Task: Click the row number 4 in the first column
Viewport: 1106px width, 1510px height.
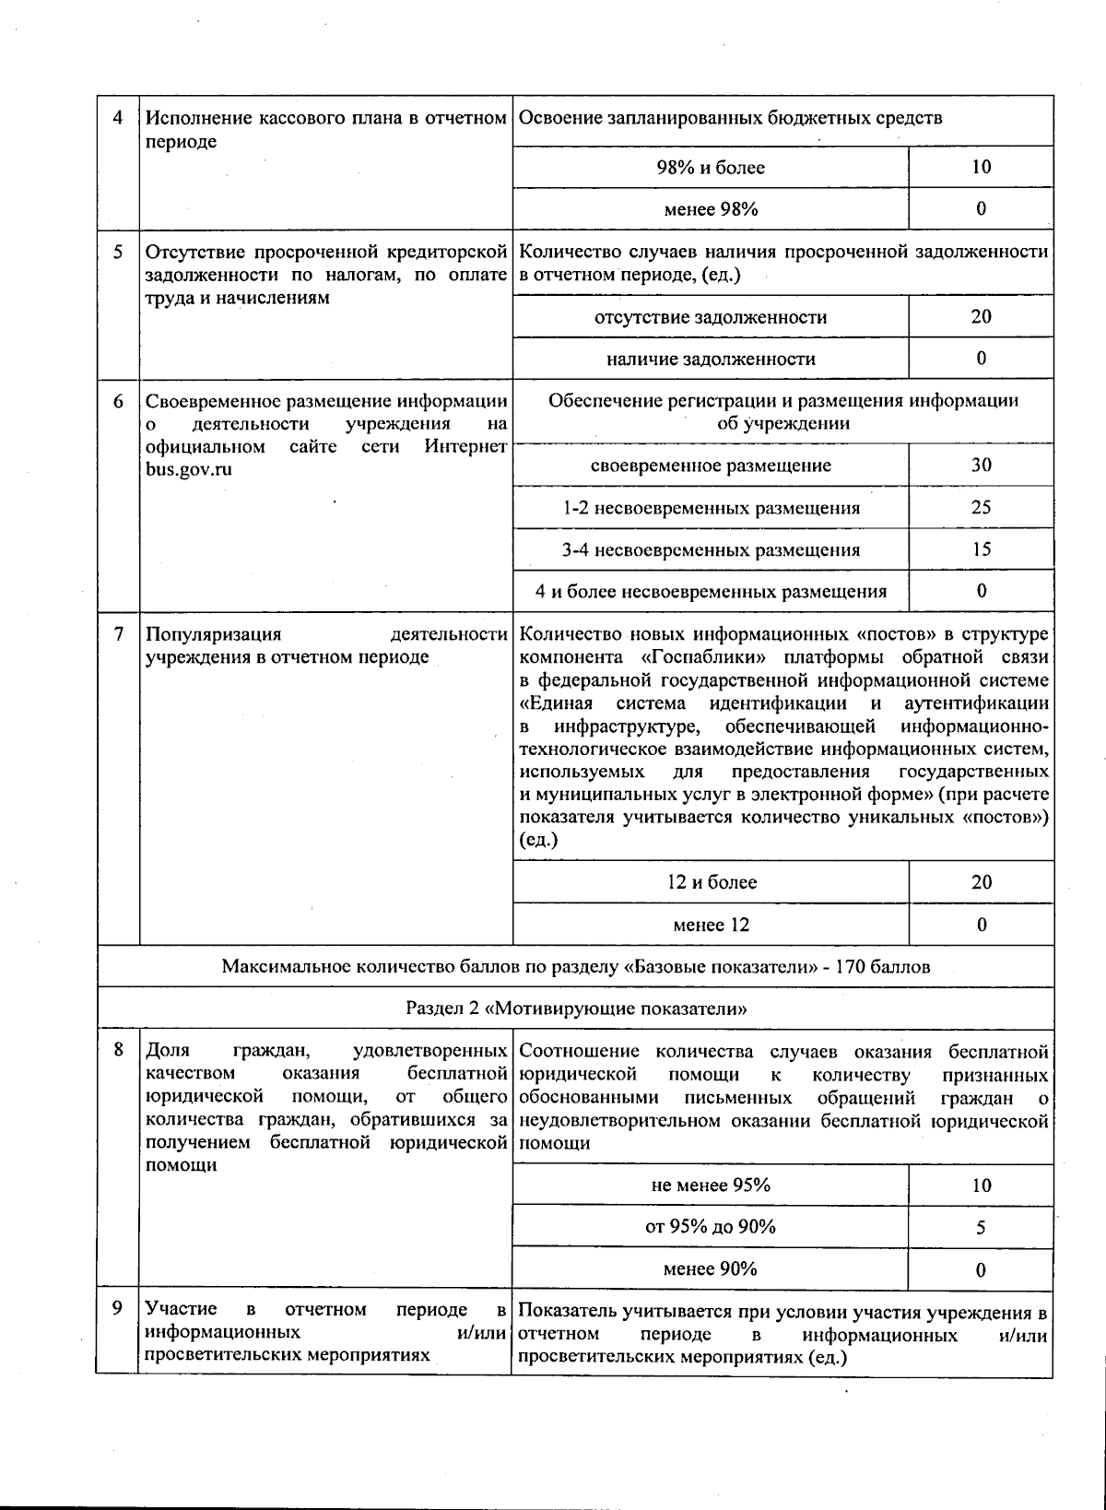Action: point(117,118)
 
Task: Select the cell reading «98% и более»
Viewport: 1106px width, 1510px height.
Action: point(711,168)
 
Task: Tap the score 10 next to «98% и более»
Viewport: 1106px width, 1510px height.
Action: point(981,167)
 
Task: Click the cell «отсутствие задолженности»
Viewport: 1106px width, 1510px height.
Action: point(711,317)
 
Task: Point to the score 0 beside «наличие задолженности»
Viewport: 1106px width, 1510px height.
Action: point(981,358)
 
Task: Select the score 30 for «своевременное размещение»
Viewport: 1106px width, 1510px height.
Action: point(981,465)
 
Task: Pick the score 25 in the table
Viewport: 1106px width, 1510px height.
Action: point(981,507)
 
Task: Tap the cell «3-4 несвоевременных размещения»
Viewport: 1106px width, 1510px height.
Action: point(711,550)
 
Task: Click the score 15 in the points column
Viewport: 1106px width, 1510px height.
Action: point(981,549)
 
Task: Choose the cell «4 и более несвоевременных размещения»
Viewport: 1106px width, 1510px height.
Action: point(711,592)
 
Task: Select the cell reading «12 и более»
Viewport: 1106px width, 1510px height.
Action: point(711,882)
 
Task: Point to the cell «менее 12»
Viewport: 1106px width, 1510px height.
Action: point(711,925)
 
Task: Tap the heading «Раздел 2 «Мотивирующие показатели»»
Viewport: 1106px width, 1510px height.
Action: point(576,1009)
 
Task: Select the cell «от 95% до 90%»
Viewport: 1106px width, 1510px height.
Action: point(711,1227)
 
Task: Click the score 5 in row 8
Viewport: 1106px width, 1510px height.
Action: point(981,1228)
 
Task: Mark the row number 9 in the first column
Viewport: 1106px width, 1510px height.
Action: point(117,1308)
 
